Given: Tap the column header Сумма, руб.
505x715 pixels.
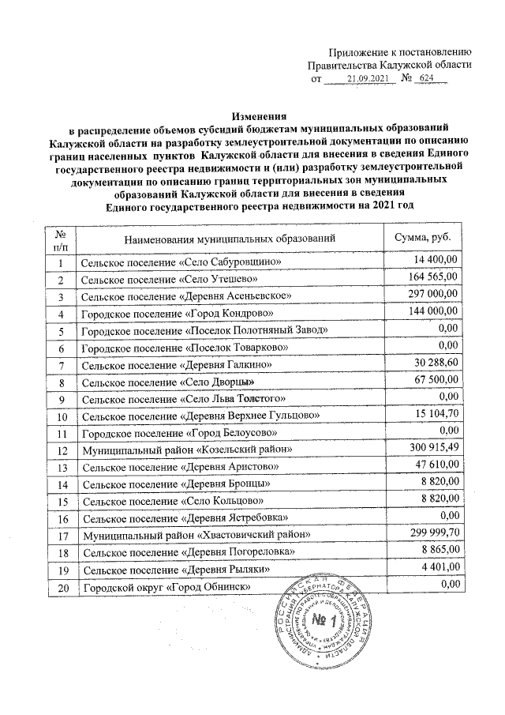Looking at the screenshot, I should click(422, 238).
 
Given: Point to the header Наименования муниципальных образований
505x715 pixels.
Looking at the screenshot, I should click(230, 238).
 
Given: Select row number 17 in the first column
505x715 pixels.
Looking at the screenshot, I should click(61, 535).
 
